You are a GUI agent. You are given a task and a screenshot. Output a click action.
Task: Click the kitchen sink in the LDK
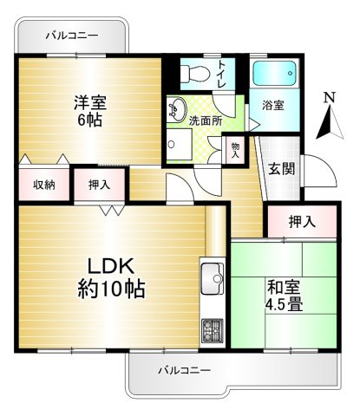point(212,282)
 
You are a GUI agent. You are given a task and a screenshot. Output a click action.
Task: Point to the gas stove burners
point(212,330)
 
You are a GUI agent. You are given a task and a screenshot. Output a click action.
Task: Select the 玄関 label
point(279,168)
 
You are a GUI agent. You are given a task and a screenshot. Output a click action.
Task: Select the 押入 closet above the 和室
point(302,222)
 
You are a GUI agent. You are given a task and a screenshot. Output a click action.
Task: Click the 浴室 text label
point(273,105)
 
